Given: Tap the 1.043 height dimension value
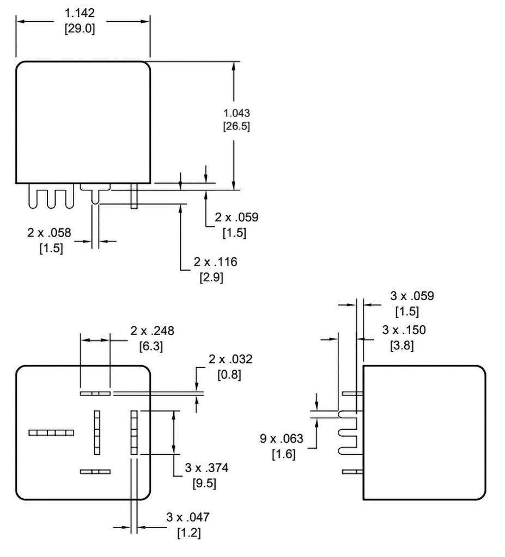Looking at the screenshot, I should [x=237, y=113].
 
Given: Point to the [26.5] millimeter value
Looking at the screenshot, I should [x=237, y=126].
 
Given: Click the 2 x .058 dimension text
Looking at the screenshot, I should [x=49, y=233].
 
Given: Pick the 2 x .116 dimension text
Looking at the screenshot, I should [x=215, y=262].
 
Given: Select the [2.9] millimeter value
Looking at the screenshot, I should [x=211, y=277].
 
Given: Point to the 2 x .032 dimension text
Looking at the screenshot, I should [x=231, y=360].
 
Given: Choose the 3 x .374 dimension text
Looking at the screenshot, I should [x=207, y=468].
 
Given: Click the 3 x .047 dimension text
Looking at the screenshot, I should [x=188, y=517].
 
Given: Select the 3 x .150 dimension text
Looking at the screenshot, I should [x=404, y=330].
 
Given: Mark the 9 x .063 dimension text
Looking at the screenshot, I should [x=281, y=439].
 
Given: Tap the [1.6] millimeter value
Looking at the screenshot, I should [x=284, y=454].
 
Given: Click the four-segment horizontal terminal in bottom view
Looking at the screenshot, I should [x=51, y=432].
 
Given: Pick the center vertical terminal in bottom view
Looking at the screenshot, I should [x=98, y=432].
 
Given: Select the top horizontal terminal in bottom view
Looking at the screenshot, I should [x=95, y=393].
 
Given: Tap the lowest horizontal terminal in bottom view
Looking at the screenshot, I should [x=95, y=472].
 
